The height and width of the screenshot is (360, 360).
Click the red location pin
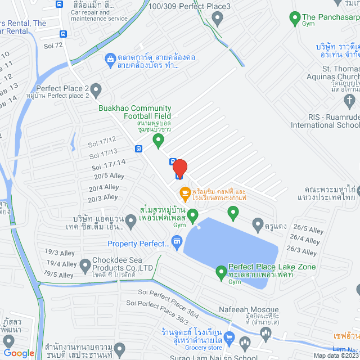179,168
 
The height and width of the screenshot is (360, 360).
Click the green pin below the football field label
159,138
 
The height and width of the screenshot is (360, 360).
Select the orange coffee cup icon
184,193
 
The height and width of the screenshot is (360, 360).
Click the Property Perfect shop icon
177,243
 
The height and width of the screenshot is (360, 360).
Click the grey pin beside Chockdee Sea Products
85,264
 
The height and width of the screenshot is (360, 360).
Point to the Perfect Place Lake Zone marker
221,273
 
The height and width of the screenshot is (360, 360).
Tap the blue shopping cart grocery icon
229,337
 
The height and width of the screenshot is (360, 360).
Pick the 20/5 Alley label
109,176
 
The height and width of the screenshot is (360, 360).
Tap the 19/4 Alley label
62,264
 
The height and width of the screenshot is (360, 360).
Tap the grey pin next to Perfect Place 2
96,89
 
